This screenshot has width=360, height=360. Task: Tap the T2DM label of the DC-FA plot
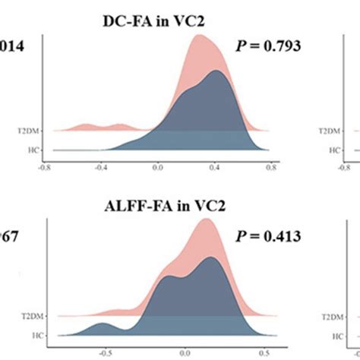coord(32,131)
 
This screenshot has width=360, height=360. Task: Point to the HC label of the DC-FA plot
coord(36,150)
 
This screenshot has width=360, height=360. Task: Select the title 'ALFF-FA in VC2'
coord(166,207)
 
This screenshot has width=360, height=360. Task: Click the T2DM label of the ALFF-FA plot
coord(32,316)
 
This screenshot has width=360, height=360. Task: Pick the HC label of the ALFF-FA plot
coord(36,335)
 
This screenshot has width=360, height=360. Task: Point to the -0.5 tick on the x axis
coord(101,352)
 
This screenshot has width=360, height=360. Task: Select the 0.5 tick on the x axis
coord(264,352)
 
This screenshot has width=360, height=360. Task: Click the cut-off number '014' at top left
coord(13,46)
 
